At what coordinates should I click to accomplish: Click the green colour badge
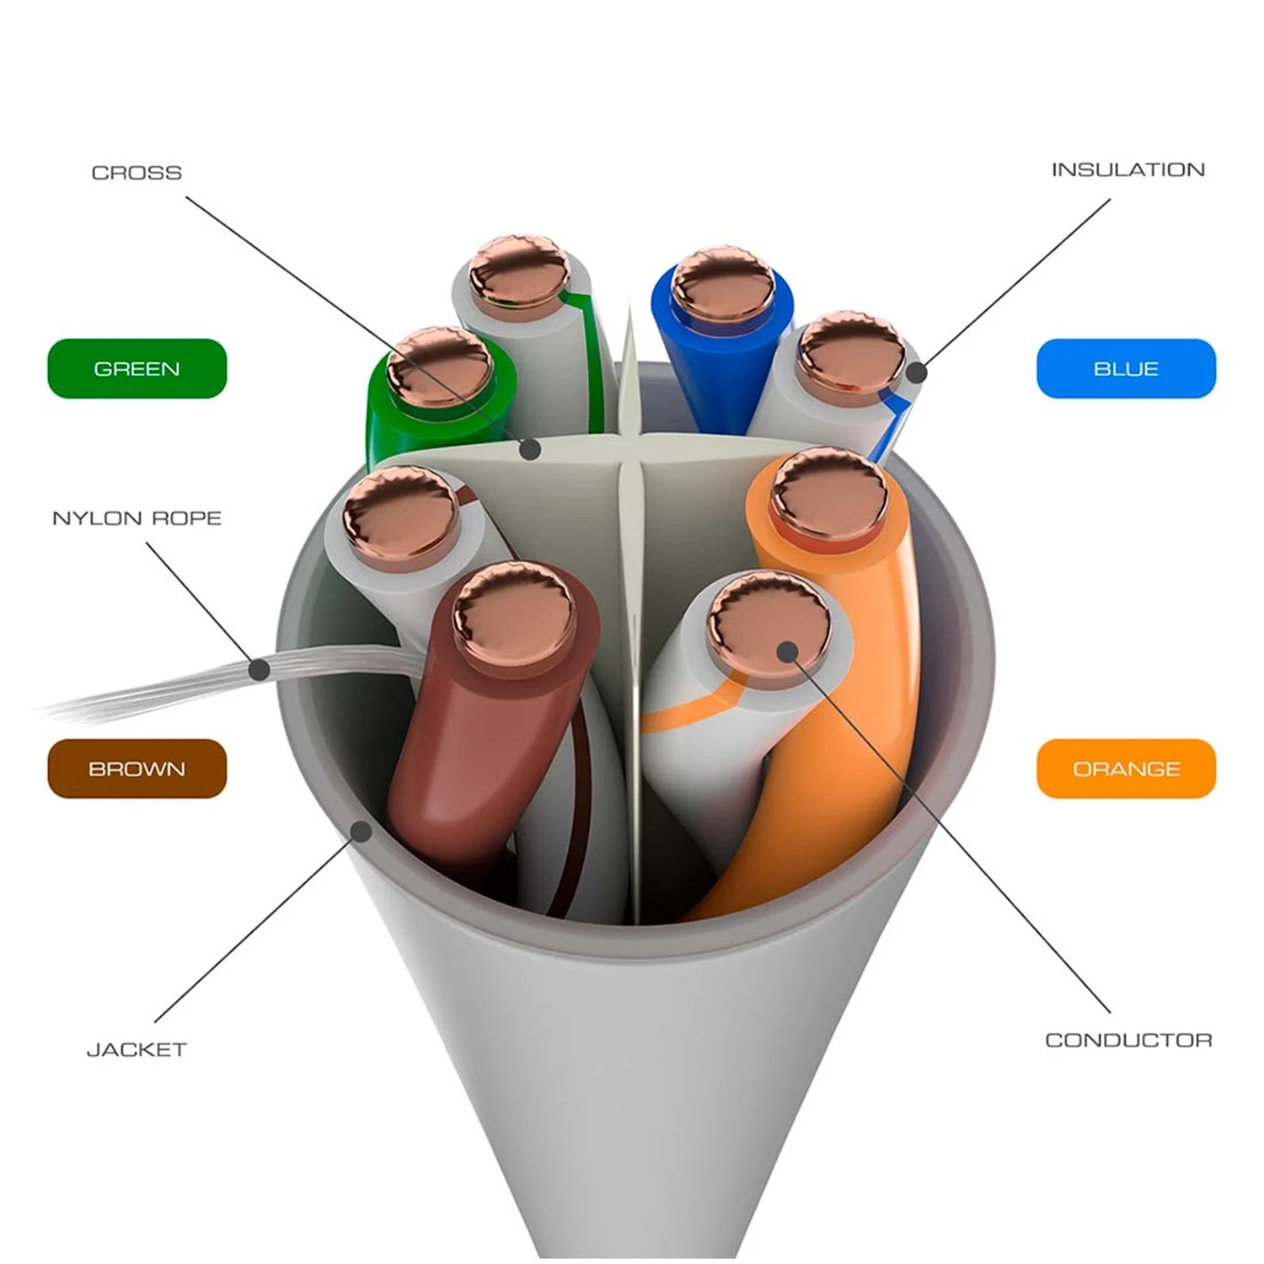137,368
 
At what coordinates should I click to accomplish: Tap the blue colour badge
1126,368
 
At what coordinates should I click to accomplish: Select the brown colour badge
137,769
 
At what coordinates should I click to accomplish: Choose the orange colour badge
1126,769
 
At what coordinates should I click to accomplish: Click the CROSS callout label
137,173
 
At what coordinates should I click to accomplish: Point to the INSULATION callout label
1127,170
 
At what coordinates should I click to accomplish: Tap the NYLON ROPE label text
137,518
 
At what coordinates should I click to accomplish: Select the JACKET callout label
137,1050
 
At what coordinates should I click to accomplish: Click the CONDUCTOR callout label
1128,1041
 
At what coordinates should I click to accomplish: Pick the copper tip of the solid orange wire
830,494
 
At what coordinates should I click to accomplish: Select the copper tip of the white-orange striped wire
768,622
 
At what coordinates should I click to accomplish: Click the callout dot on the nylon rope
260,670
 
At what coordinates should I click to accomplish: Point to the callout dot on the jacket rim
362,831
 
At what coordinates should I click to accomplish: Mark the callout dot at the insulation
917,372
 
